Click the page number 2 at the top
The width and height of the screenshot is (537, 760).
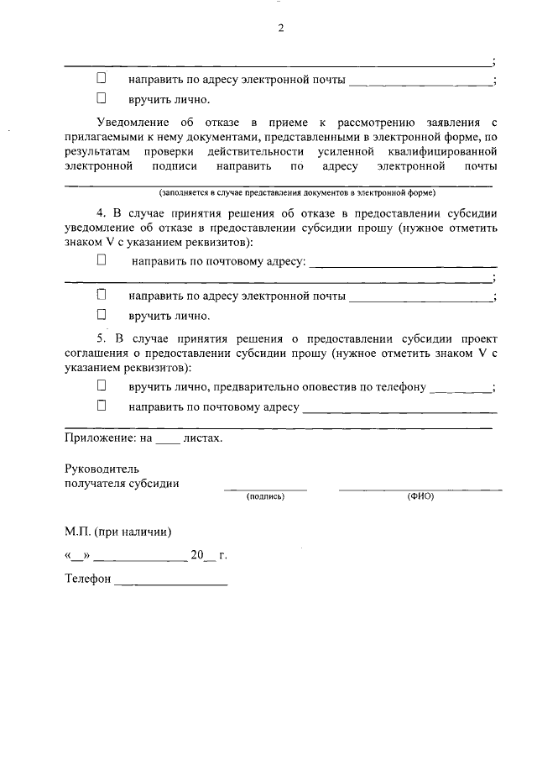(x=281, y=28)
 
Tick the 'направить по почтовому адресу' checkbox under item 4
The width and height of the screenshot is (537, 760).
(x=102, y=261)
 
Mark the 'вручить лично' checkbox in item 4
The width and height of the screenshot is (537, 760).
(x=102, y=316)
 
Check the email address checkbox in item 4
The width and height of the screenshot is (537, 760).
(x=102, y=296)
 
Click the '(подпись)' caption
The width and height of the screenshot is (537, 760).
(x=265, y=496)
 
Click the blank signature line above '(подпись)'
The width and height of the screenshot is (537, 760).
(x=265, y=488)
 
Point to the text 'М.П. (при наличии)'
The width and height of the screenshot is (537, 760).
(x=118, y=532)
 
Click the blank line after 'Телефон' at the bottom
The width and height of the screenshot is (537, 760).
(x=171, y=582)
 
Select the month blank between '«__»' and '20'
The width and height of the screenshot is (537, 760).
(x=143, y=558)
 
